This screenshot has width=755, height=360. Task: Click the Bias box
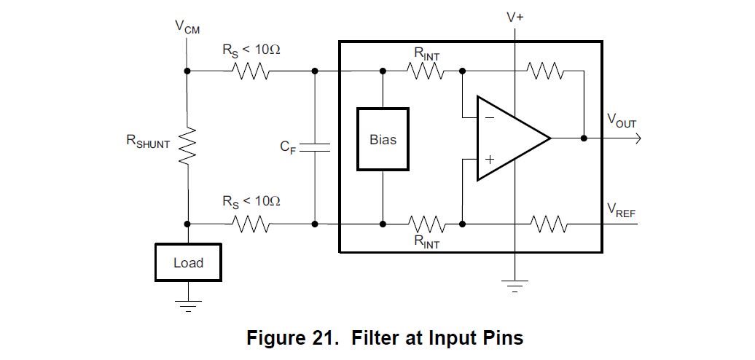pyautogui.click(x=383, y=139)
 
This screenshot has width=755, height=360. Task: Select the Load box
pyautogui.click(x=188, y=262)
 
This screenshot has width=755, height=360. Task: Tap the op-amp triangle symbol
pyautogui.click(x=510, y=138)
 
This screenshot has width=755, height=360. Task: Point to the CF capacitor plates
pyautogui.click(x=316, y=147)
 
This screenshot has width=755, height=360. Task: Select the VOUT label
pyautogui.click(x=622, y=122)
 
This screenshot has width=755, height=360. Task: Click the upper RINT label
pyautogui.click(x=426, y=53)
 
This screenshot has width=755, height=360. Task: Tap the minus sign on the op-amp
pyautogui.click(x=489, y=117)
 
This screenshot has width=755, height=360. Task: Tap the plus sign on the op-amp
pyautogui.click(x=490, y=159)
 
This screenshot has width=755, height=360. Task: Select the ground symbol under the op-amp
pyautogui.click(x=515, y=286)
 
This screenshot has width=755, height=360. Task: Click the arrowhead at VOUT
pyautogui.click(x=637, y=138)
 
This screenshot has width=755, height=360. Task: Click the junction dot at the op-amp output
pyautogui.click(x=584, y=138)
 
